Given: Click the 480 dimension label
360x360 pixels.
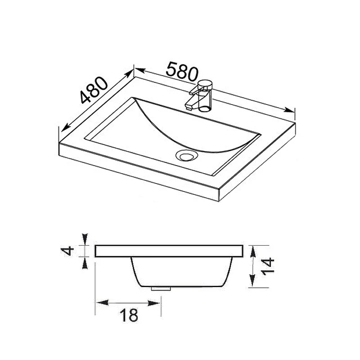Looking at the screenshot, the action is [x=94, y=90].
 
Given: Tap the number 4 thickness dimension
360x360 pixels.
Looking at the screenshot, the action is [x=68, y=251].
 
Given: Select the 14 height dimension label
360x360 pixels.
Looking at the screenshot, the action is [x=267, y=266].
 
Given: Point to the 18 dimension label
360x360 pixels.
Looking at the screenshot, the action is [x=129, y=315].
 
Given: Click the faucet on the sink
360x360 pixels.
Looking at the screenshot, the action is [x=200, y=96].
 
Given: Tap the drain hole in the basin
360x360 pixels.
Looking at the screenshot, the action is [x=186, y=156].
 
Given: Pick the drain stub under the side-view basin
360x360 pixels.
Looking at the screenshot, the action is [x=161, y=288].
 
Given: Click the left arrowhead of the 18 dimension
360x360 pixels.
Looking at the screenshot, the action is [x=102, y=302].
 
